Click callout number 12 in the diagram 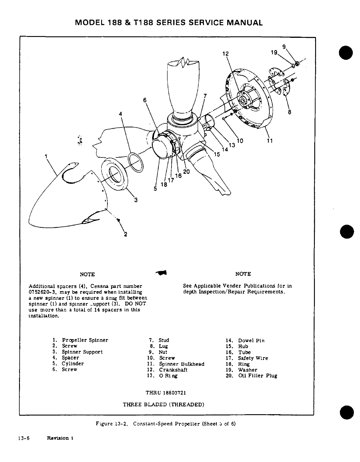tap(225, 54)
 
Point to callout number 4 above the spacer tap(120, 114)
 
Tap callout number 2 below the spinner tap(125, 234)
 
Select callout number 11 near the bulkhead tap(270, 141)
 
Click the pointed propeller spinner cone tap(59, 202)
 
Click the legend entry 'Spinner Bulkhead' tap(181, 364)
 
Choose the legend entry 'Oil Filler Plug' tap(257, 376)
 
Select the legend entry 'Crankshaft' tap(173, 370)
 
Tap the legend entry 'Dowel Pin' tap(251, 340)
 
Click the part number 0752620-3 tap(42, 292)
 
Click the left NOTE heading tap(87, 274)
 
